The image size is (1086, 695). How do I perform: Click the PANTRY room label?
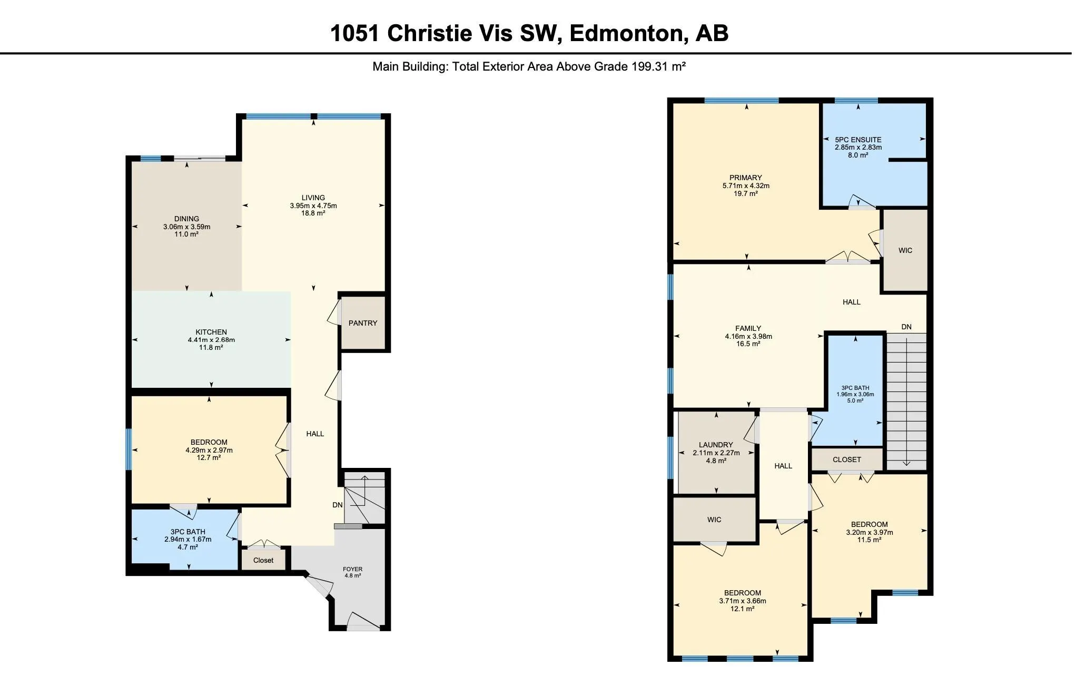pyautogui.click(x=362, y=323)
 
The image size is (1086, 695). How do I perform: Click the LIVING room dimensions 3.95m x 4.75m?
pyautogui.click(x=313, y=205)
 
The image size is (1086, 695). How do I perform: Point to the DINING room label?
pyautogui.click(x=186, y=219)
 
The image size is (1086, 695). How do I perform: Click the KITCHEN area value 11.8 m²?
pyautogui.click(x=211, y=347)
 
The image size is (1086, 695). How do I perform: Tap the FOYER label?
pyautogui.click(x=352, y=569)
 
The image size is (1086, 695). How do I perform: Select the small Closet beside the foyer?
pyautogui.click(x=263, y=560)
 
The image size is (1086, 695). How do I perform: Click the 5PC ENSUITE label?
pyautogui.click(x=858, y=140)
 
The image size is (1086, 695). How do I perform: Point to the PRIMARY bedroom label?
pyautogui.click(x=745, y=178)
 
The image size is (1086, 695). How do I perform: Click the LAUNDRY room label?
pyautogui.click(x=716, y=445)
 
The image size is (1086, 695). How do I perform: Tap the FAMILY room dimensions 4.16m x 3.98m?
pyautogui.click(x=748, y=336)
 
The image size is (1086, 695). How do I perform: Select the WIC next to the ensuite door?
pyautogui.click(x=905, y=250)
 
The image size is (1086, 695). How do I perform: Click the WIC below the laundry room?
pyautogui.click(x=714, y=520)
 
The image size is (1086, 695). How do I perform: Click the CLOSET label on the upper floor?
pyautogui.click(x=846, y=459)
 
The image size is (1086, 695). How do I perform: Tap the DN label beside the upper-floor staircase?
pyautogui.click(x=906, y=327)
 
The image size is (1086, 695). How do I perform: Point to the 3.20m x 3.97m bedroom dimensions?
pyautogui.click(x=869, y=532)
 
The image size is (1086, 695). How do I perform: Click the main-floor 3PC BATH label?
pyautogui.click(x=187, y=532)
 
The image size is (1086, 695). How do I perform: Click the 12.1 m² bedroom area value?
pyautogui.click(x=742, y=609)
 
